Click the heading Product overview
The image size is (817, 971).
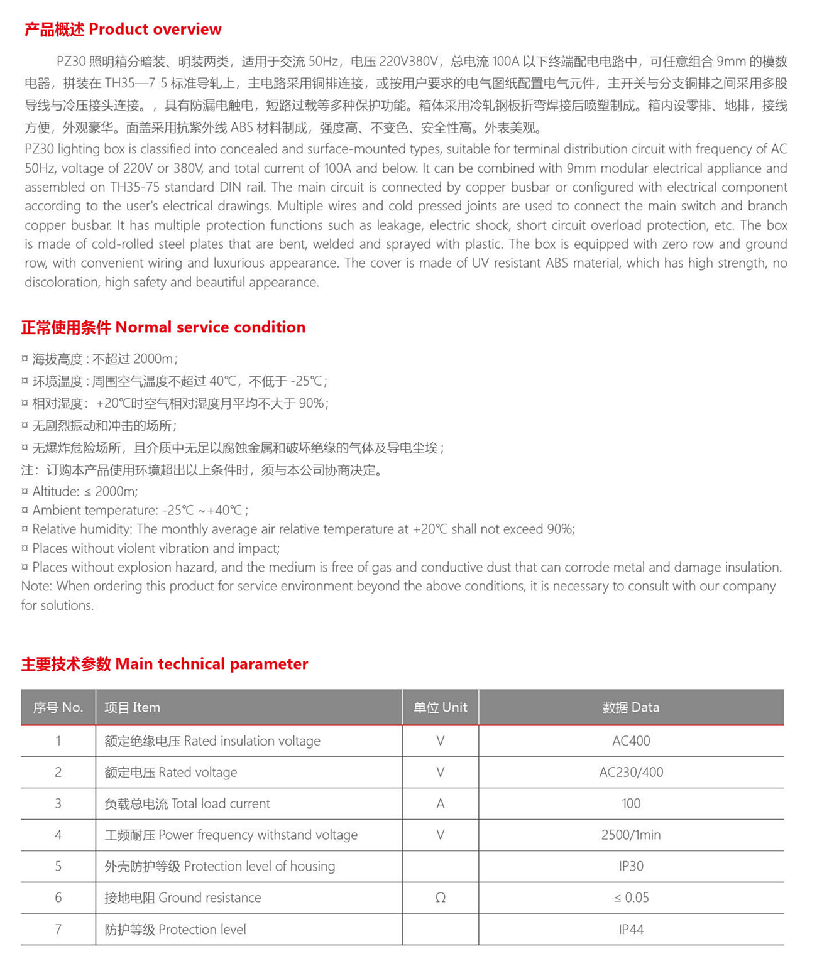(x=123, y=30)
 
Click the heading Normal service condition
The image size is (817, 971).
(x=163, y=327)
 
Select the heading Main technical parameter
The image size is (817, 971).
(x=165, y=664)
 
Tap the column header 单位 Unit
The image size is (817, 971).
(x=440, y=707)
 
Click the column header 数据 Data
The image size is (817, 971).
(x=631, y=707)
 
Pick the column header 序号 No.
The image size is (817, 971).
(x=58, y=707)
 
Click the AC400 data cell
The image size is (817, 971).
(x=631, y=741)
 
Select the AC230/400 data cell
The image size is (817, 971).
(x=631, y=773)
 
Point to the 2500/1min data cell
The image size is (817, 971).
(x=631, y=835)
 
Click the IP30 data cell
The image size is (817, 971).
(x=631, y=866)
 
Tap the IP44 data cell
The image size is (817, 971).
(x=631, y=930)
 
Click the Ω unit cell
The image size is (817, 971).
(x=440, y=898)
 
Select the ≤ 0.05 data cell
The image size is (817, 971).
(x=631, y=898)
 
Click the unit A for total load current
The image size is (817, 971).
(x=440, y=804)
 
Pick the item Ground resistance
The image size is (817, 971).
(x=183, y=898)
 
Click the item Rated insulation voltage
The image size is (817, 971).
(x=212, y=741)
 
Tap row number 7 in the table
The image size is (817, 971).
(x=58, y=930)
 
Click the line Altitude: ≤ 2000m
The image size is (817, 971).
(x=85, y=492)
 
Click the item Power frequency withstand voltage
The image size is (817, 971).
(x=231, y=835)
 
